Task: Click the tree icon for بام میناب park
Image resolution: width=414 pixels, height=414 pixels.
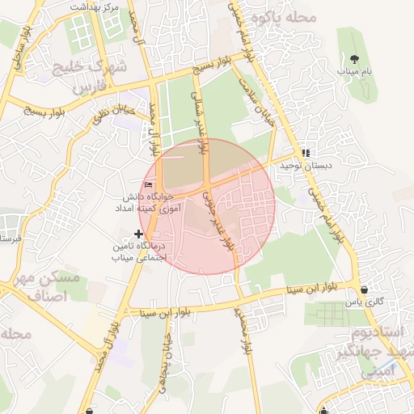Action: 355,57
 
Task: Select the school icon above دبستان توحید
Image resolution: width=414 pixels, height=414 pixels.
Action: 305,153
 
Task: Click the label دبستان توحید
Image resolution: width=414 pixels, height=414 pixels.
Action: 302,165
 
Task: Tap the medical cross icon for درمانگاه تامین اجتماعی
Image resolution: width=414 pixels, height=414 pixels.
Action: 138,234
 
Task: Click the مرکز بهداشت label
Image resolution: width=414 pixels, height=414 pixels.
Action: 95,6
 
